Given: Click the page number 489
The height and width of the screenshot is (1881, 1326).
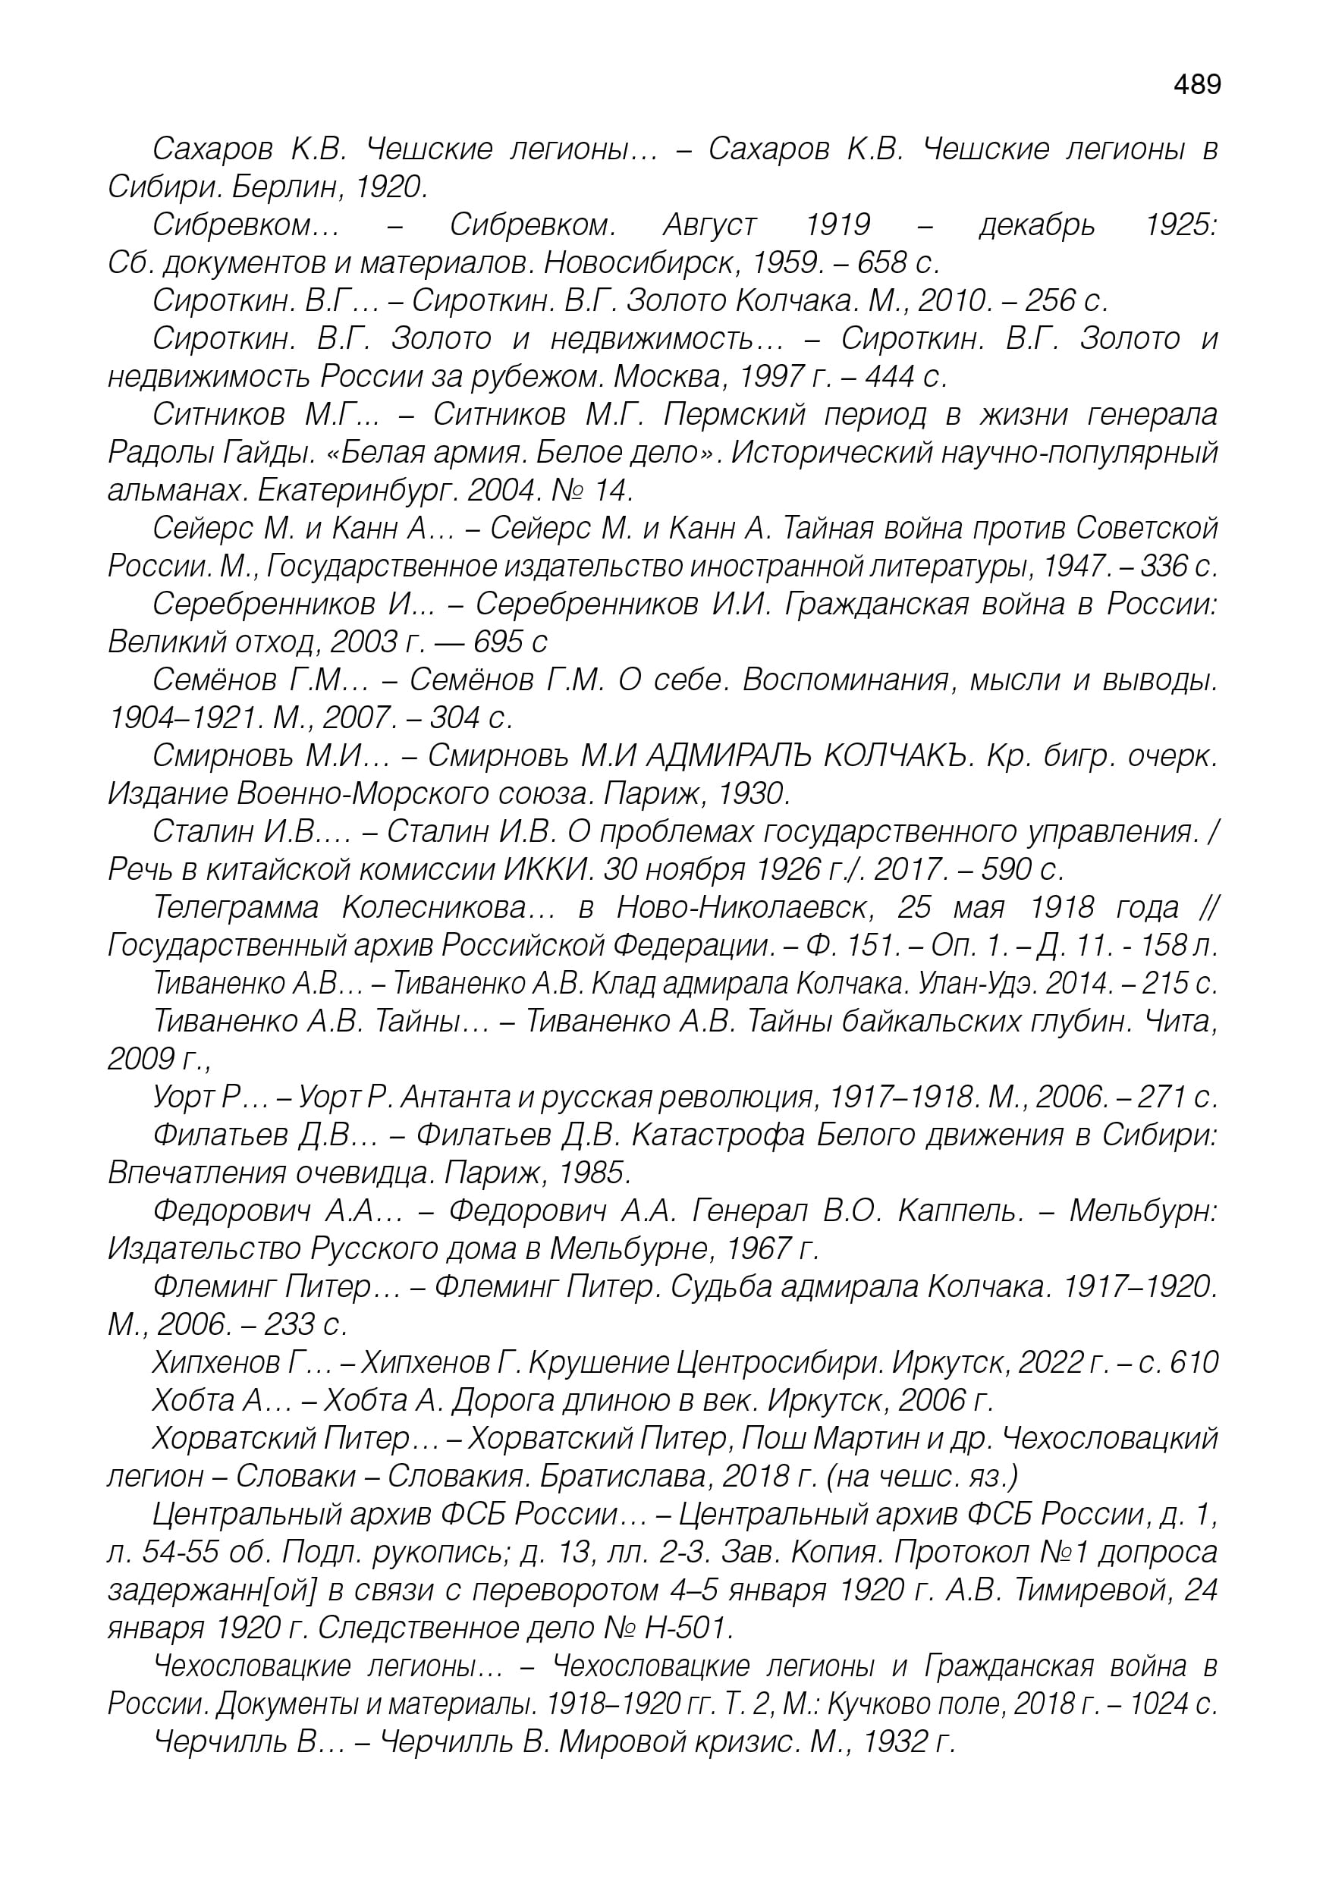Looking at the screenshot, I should pyautogui.click(x=1196, y=84).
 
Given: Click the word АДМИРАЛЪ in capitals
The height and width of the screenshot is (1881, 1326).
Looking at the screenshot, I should pyautogui.click(x=726, y=756).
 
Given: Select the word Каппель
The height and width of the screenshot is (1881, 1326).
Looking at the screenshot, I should pyautogui.click(x=960, y=1211).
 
